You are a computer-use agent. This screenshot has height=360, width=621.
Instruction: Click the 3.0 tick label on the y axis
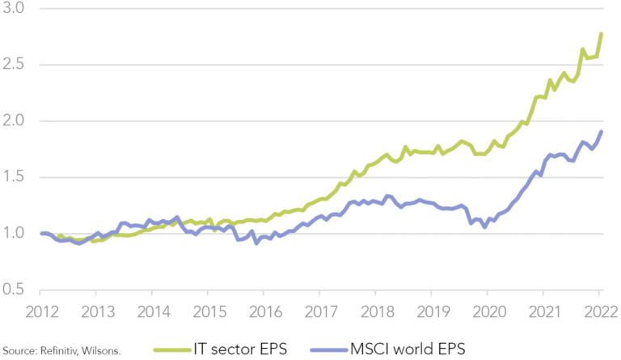[x=15, y=8]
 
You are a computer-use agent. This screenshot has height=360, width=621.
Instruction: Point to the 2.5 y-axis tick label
[x=15, y=65]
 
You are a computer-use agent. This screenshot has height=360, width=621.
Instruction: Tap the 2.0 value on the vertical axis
[x=15, y=121]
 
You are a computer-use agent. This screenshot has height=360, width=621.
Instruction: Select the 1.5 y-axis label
[x=15, y=177]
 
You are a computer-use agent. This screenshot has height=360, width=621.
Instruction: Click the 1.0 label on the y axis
[x=15, y=234]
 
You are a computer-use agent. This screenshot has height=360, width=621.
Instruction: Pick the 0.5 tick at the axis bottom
[x=15, y=290]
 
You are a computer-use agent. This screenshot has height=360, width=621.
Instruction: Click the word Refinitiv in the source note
[x=53, y=349]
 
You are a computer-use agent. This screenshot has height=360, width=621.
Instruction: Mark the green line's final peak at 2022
[x=601, y=33]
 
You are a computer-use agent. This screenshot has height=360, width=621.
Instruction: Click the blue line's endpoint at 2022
[x=601, y=132]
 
